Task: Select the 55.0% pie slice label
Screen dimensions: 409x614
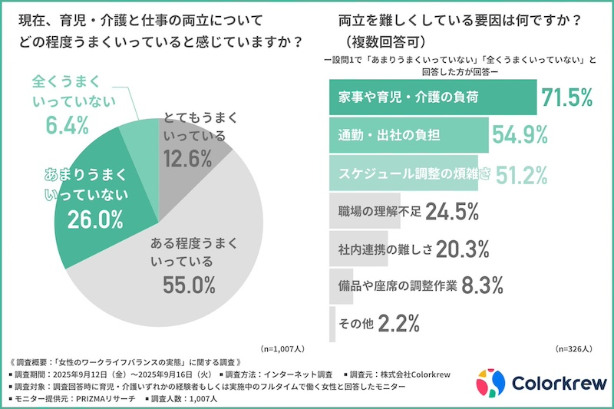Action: (189, 284)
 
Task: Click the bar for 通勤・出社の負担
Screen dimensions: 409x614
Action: (408, 135)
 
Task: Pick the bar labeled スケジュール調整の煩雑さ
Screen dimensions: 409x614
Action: (403, 173)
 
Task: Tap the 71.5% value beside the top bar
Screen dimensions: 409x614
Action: (567, 97)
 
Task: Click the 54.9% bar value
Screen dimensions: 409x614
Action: (520, 135)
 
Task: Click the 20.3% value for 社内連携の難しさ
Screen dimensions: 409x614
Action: (464, 248)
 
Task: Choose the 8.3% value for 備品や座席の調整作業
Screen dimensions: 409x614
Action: (482, 285)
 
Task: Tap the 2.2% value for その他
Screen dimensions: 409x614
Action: (397, 323)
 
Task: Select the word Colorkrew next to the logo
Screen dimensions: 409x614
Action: (552, 382)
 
